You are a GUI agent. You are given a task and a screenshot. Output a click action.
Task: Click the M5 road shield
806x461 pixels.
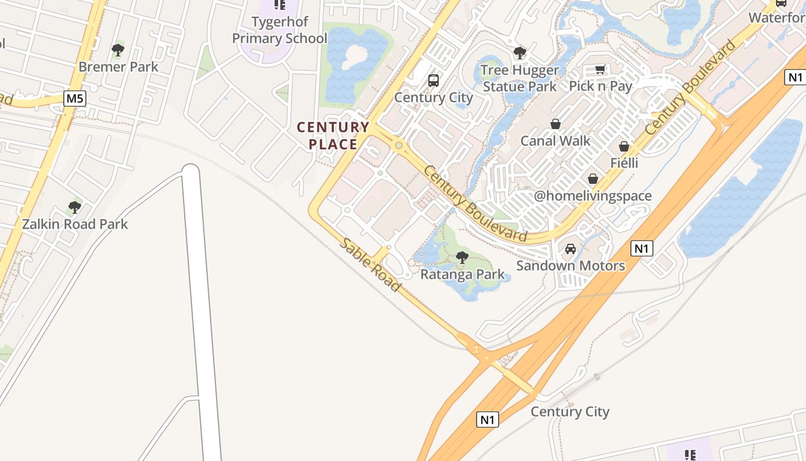pyautogui.click(x=75, y=99)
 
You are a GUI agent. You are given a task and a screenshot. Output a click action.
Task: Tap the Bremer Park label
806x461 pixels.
pyautogui.click(x=118, y=67)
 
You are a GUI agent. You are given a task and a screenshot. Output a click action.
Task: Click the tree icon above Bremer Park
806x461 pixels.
pyautogui.click(x=118, y=50)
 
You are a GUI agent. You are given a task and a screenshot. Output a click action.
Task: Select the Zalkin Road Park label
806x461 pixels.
pyautogui.click(x=75, y=224)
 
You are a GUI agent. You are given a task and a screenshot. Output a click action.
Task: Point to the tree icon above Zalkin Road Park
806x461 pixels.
pyautogui.click(x=74, y=207)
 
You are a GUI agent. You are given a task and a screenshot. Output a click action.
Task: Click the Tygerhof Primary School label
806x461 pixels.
pyautogui.click(x=279, y=30)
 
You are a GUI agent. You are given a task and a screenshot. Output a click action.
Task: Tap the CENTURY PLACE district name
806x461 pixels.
pyautogui.click(x=333, y=135)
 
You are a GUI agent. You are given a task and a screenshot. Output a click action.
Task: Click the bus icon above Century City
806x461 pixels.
pyautogui.click(x=434, y=81)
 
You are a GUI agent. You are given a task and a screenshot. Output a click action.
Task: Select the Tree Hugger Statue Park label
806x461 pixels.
pyautogui.click(x=520, y=78)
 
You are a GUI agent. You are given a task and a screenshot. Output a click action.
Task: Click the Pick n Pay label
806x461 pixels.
pyautogui.click(x=600, y=86)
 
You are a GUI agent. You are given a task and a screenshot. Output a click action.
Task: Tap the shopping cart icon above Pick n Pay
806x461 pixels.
pyautogui.click(x=600, y=70)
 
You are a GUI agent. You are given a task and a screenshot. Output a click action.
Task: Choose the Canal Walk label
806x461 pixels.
pyautogui.click(x=556, y=141)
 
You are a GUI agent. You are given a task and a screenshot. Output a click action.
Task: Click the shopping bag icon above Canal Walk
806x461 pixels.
pyautogui.click(x=556, y=124)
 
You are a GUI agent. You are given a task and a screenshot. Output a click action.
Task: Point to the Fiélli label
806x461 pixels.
pyautogui.click(x=624, y=163)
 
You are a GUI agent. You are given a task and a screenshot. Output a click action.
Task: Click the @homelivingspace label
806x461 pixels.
pyautogui.click(x=593, y=196)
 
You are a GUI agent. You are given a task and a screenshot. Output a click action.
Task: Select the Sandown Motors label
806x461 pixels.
pyautogui.click(x=571, y=266)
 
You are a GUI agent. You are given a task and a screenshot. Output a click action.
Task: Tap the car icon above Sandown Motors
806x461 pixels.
pyautogui.click(x=571, y=249)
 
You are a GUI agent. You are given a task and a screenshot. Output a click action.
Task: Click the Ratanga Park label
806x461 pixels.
pyautogui.click(x=462, y=274)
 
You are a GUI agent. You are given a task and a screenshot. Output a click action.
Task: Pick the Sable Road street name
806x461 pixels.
pyautogui.click(x=369, y=264)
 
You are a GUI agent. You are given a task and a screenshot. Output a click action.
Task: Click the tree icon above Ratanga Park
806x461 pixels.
pyautogui.click(x=462, y=258)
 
